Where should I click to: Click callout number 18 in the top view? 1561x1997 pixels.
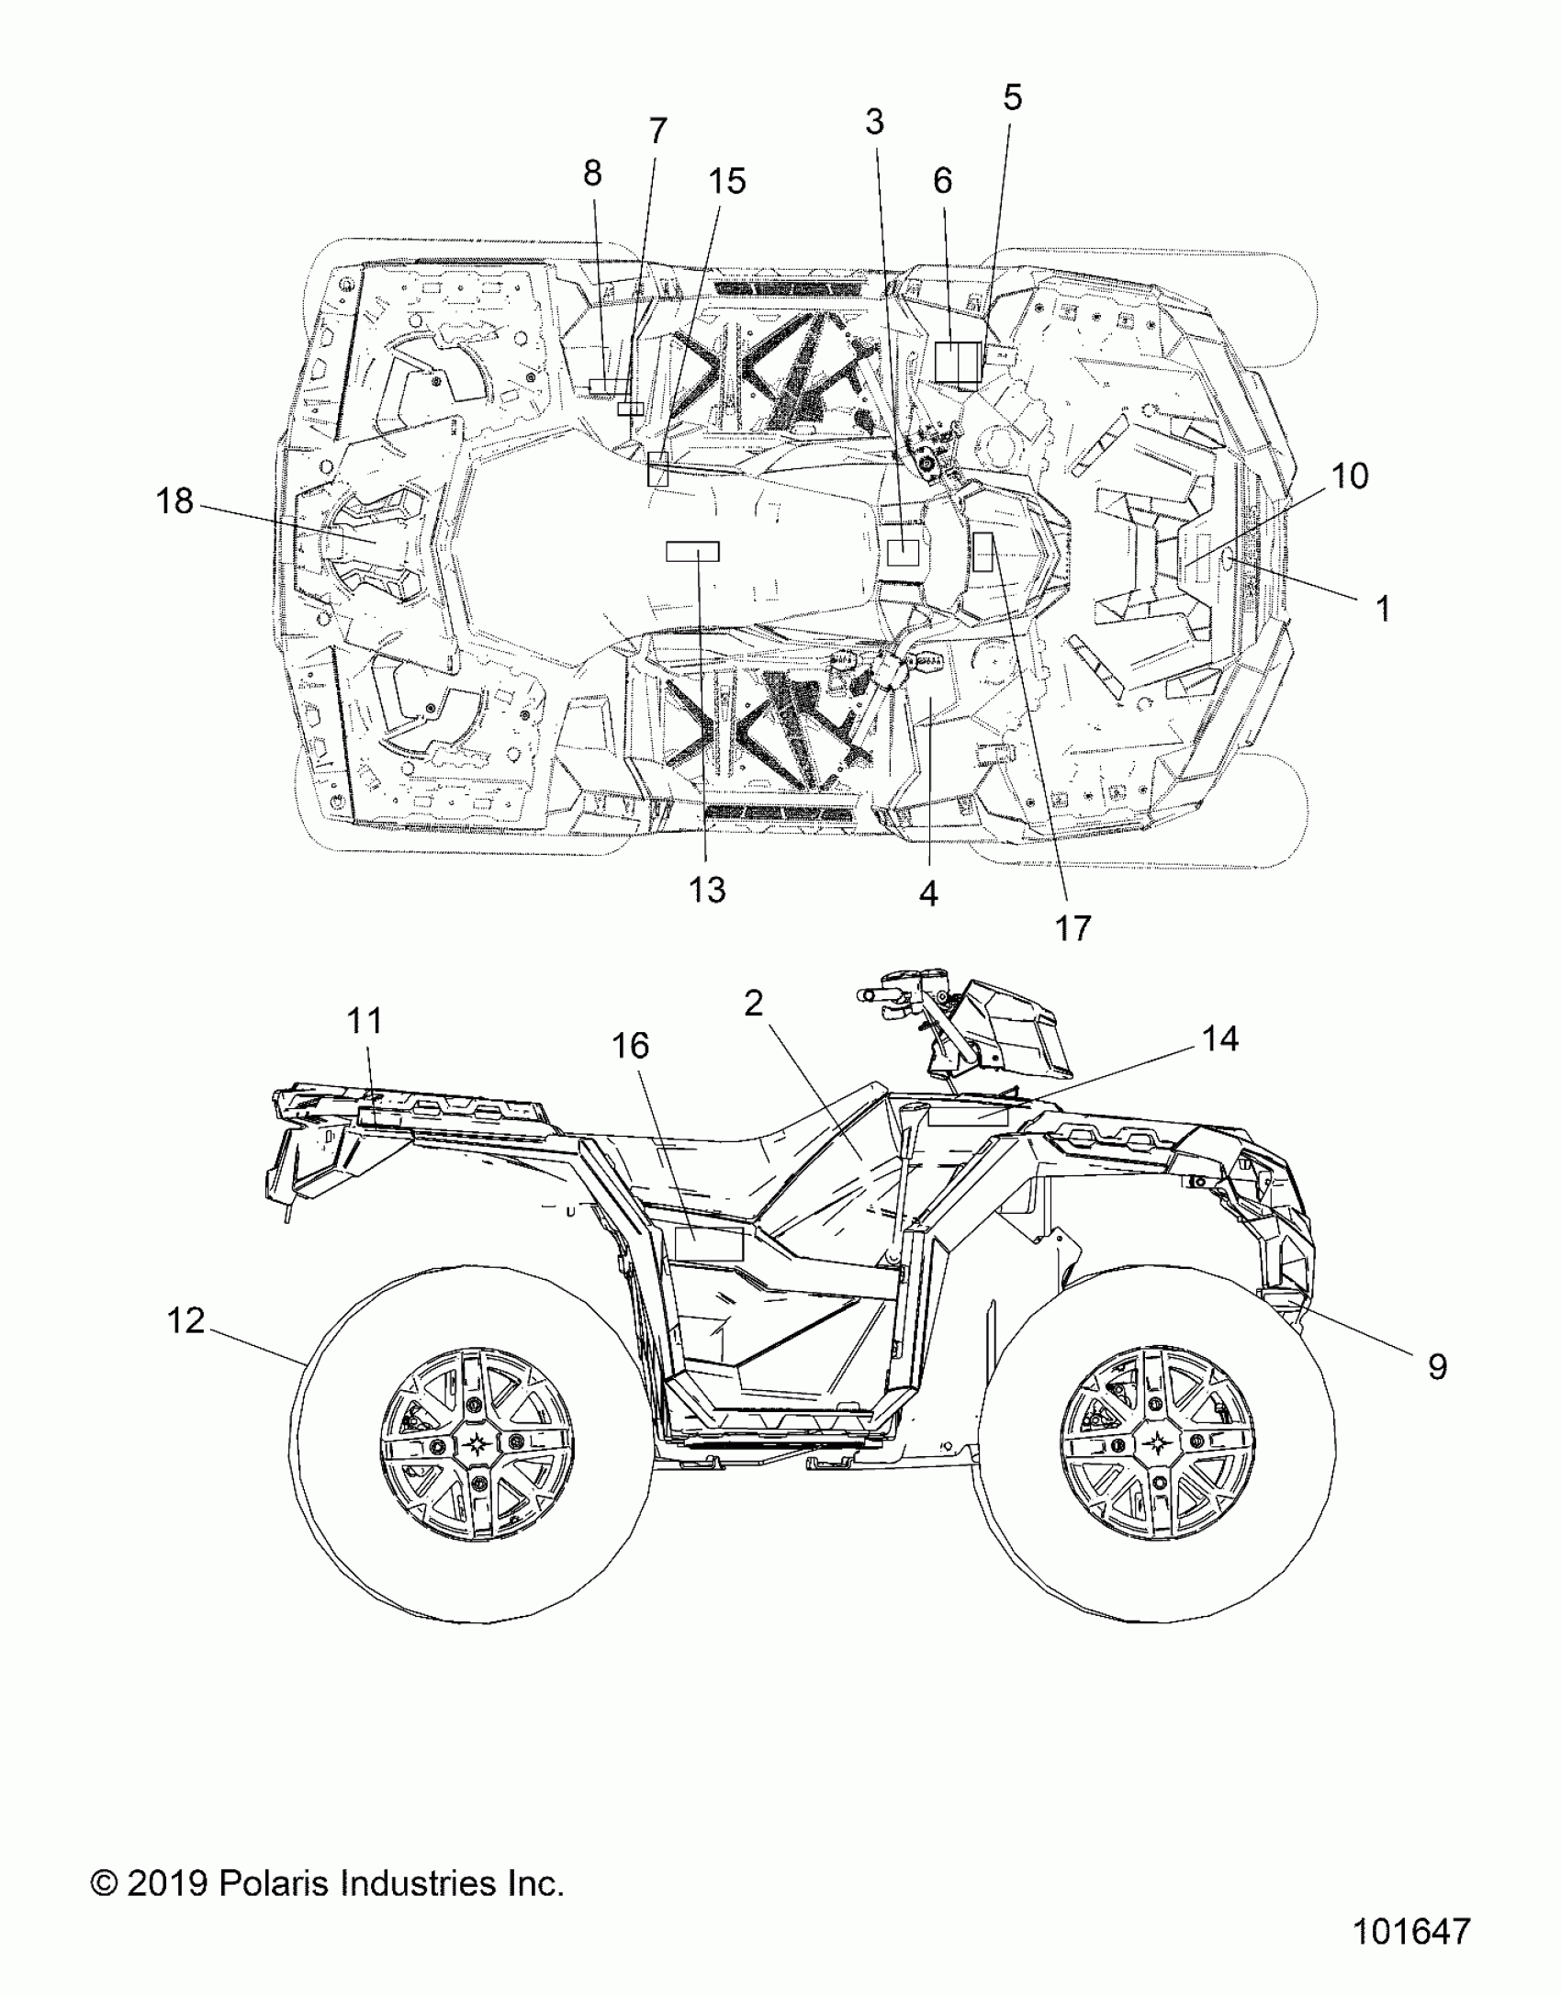[x=174, y=501]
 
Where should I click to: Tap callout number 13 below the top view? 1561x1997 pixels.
[x=707, y=890]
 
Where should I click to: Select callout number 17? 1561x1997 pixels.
[x=1072, y=927]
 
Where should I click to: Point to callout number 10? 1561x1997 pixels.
[x=1349, y=476]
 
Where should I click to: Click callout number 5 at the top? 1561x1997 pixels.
[x=1012, y=97]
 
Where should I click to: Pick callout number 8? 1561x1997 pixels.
[x=592, y=172]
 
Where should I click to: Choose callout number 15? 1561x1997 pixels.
[x=726, y=182]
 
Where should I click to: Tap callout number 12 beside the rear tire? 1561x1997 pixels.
[x=185, y=1321]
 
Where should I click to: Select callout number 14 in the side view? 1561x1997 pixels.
[x=1220, y=1039]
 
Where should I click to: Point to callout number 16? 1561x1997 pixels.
[x=631, y=1045]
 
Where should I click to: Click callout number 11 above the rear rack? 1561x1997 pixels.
[x=364, y=1020]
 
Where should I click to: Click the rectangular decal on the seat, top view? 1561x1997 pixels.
[x=692, y=551]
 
